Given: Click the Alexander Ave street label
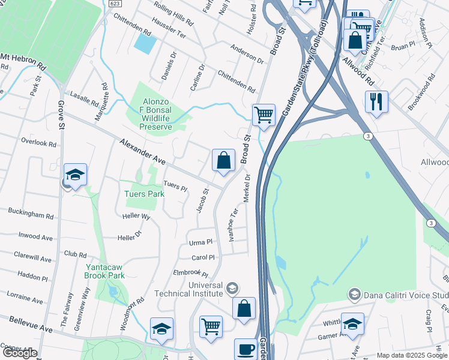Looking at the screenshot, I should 142,152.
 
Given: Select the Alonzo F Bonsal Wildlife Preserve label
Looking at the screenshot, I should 156,114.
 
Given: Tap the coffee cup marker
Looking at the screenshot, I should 245,349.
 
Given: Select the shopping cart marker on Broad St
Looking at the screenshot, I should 264,115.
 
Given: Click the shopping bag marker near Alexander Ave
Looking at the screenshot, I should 223,160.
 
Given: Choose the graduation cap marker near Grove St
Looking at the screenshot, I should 76,175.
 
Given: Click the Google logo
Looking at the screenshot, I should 20,353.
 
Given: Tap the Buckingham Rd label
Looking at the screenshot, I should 30,214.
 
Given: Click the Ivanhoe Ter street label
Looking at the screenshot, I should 234,224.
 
